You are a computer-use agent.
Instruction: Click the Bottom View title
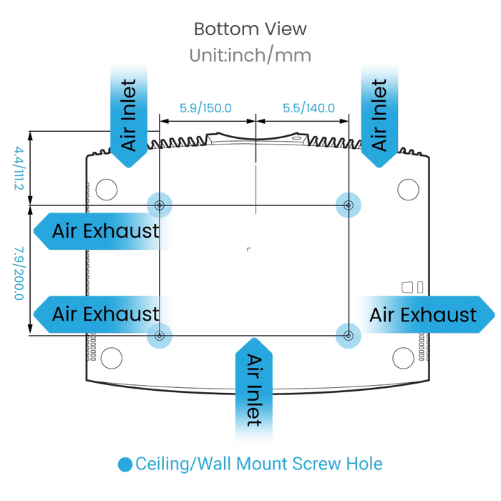(250, 29)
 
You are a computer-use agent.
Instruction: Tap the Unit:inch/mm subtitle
(250, 55)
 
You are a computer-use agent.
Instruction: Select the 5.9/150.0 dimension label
(205, 108)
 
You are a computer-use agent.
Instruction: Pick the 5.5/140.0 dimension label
(308, 108)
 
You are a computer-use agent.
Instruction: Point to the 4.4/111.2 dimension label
(19, 168)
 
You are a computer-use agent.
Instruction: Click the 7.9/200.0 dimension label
(19, 273)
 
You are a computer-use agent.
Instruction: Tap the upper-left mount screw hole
(160, 205)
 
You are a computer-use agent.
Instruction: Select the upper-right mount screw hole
(349, 205)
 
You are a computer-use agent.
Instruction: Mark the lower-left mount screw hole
(160, 336)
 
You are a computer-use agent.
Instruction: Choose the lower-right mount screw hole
(349, 336)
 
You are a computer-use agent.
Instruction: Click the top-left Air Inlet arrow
(129, 115)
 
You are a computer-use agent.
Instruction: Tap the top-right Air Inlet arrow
(379, 115)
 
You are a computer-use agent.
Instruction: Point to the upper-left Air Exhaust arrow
(102, 231)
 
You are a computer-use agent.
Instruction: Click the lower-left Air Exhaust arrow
(102, 314)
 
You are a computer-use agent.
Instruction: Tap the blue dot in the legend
(125, 464)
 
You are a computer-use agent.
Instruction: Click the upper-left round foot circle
(107, 190)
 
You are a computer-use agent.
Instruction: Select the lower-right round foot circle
(403, 358)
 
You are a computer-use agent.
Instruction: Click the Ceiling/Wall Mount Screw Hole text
(259, 464)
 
